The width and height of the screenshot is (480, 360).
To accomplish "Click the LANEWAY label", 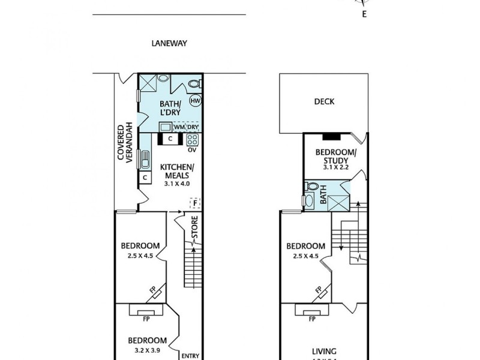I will click(x=169, y=43).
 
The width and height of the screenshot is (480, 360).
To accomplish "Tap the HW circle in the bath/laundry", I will click(x=195, y=101).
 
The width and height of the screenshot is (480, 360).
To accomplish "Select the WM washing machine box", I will click(x=179, y=127).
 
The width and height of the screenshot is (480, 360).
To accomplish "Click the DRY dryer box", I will click(x=193, y=127).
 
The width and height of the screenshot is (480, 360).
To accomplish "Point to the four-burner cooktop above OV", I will click(x=193, y=140).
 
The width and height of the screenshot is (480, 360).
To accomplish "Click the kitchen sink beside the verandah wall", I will click(x=145, y=160).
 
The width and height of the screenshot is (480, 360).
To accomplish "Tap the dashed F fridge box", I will click(x=195, y=203).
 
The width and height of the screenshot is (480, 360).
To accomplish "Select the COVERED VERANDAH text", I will click(x=124, y=143).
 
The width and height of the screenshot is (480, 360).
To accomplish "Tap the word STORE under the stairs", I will click(x=194, y=230).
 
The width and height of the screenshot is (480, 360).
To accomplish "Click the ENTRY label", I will click(x=190, y=356).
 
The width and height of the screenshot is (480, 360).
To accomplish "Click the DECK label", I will click(x=324, y=102).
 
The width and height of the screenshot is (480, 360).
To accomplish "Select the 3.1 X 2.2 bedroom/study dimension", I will click(x=335, y=169).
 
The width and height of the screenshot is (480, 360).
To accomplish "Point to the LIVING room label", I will click(x=323, y=352).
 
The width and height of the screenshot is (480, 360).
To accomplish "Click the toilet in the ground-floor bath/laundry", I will click(x=193, y=83).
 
